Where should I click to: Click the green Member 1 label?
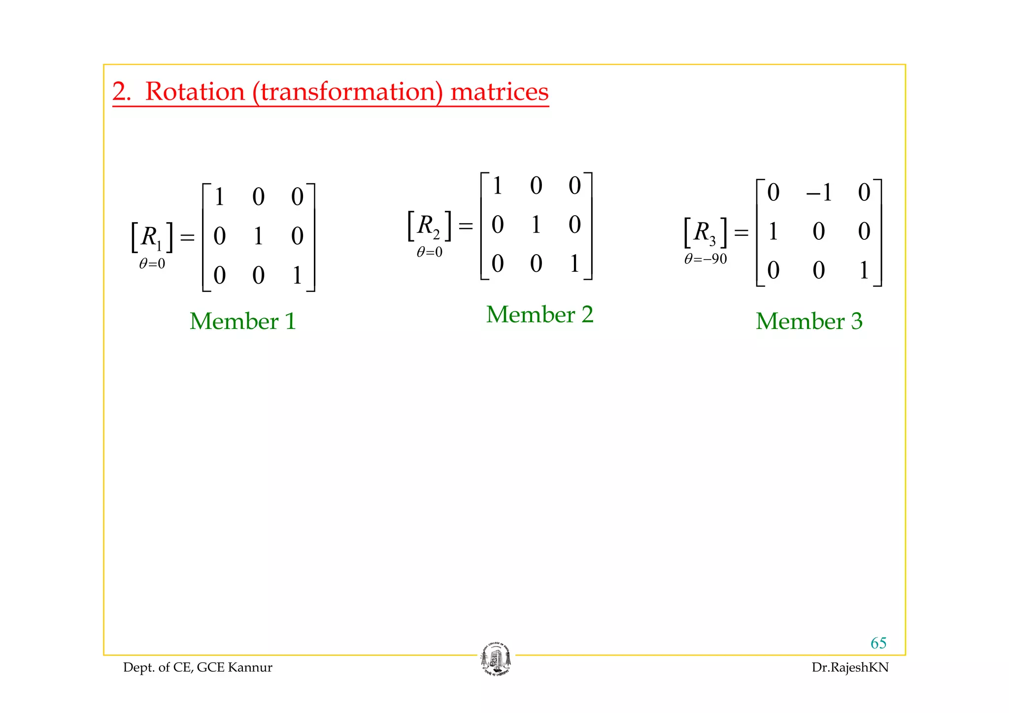tap(243, 321)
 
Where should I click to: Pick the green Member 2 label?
tap(539, 314)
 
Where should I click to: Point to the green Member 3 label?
tap(809, 321)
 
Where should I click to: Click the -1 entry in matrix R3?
tap(819, 193)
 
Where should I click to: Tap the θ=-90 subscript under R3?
tap(706, 259)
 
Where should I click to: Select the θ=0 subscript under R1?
tap(152, 264)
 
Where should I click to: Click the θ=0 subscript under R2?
tap(430, 253)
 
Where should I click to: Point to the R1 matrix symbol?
tap(151, 237)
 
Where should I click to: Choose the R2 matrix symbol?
tap(428, 226)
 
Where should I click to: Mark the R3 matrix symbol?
tap(705, 232)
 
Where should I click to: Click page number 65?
tap(878, 643)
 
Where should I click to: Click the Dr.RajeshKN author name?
tap(850, 668)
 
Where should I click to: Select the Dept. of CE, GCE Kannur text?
tap(198, 668)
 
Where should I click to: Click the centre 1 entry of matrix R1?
tap(258, 236)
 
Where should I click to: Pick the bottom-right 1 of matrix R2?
tap(574, 263)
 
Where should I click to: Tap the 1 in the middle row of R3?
tap(773, 231)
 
